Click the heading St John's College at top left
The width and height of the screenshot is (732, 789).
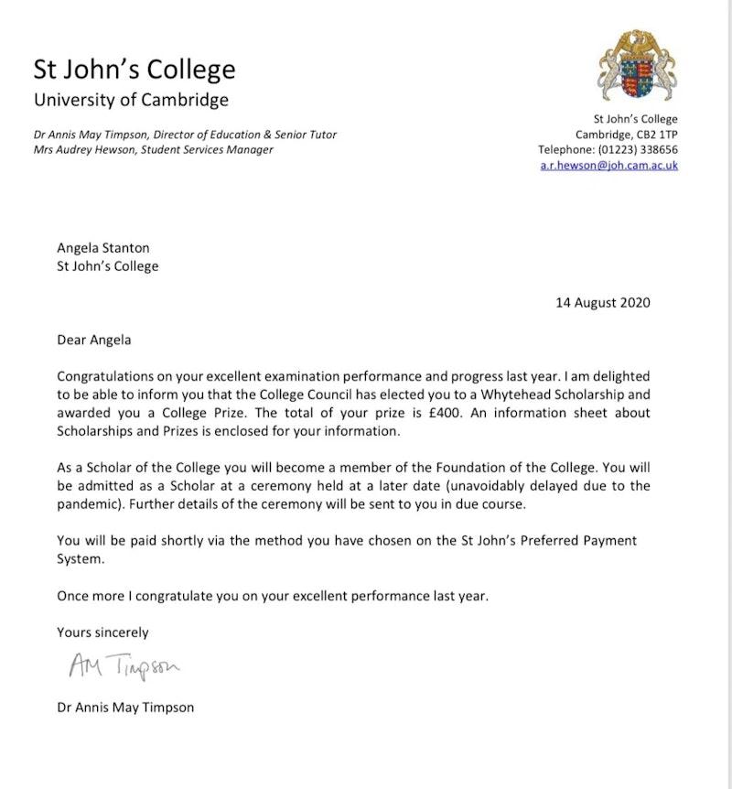(x=135, y=70)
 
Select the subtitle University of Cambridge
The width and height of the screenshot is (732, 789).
(x=131, y=100)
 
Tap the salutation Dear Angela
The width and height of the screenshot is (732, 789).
(x=94, y=340)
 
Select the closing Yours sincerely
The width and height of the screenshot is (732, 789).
(x=102, y=632)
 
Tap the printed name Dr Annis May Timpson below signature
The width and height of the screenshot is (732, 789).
(x=125, y=707)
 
